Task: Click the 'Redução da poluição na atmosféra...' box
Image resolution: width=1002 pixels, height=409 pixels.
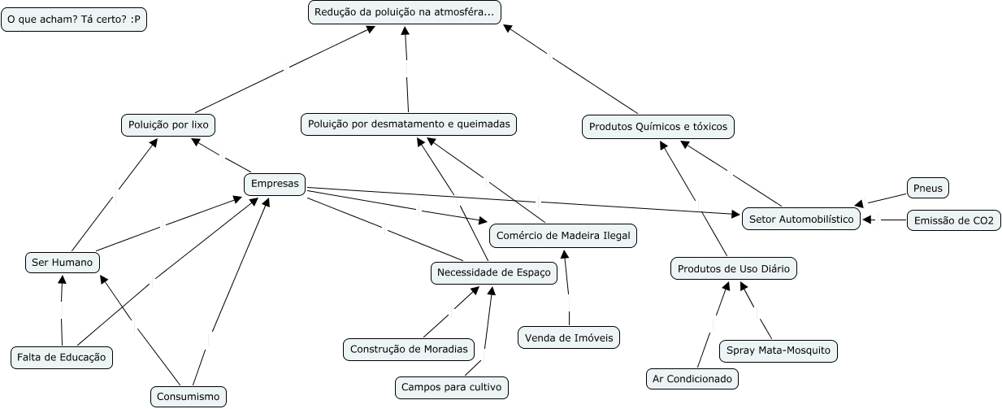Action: (405, 12)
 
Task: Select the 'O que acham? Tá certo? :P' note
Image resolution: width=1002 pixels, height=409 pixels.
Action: (74, 20)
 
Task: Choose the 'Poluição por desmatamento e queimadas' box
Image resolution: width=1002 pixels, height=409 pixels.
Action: (408, 124)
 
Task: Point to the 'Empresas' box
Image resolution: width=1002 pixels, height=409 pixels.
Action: (275, 184)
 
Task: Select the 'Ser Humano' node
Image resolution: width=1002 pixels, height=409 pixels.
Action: (62, 262)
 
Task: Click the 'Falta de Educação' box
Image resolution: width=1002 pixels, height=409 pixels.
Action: (62, 357)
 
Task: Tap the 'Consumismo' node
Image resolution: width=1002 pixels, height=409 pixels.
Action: (189, 397)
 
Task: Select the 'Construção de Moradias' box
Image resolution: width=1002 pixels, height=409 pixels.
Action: (409, 349)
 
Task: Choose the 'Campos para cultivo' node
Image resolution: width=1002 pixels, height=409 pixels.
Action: (452, 387)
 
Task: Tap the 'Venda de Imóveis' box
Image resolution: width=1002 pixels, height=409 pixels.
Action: (569, 337)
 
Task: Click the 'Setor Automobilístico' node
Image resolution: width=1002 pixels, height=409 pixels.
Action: (800, 219)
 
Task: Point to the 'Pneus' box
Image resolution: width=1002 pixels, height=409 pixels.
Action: (927, 188)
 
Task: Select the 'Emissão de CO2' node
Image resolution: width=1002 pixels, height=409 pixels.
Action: (953, 220)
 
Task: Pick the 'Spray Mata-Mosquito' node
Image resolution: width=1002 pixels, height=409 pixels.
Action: (778, 350)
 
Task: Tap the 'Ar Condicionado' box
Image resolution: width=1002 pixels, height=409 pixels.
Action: (692, 378)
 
